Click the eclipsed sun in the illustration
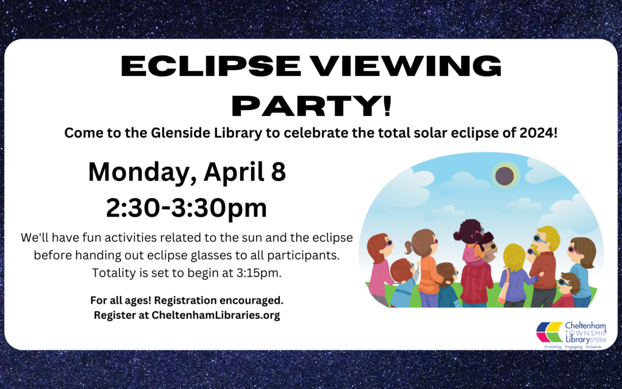505,176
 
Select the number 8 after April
278,172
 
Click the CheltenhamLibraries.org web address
215,315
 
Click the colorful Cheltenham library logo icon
550,332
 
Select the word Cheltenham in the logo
586,326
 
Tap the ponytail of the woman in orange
409,247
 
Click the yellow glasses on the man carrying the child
492,247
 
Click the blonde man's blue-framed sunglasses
540,239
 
